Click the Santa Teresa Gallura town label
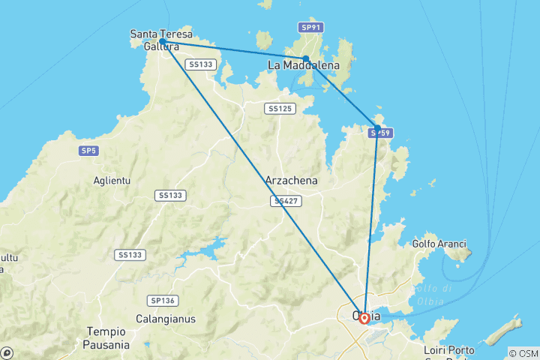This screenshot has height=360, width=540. pos(161,40)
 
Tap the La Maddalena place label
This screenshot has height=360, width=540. pos(304,66)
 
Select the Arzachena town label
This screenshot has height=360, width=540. pos(292,181)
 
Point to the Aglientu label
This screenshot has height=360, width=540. pos(112,181)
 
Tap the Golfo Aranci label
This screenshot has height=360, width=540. pos(439,244)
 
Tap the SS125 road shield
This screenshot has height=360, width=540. pos(279,109)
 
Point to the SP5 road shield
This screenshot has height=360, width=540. pos(88,151)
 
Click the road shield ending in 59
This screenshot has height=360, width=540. pos(381,133)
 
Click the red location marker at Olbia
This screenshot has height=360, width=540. pos(364,318)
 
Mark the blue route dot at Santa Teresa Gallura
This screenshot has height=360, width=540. pos(163,42)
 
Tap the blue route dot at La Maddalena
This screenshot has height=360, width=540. pos(306,58)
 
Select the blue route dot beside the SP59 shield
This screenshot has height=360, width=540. pos(377,127)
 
